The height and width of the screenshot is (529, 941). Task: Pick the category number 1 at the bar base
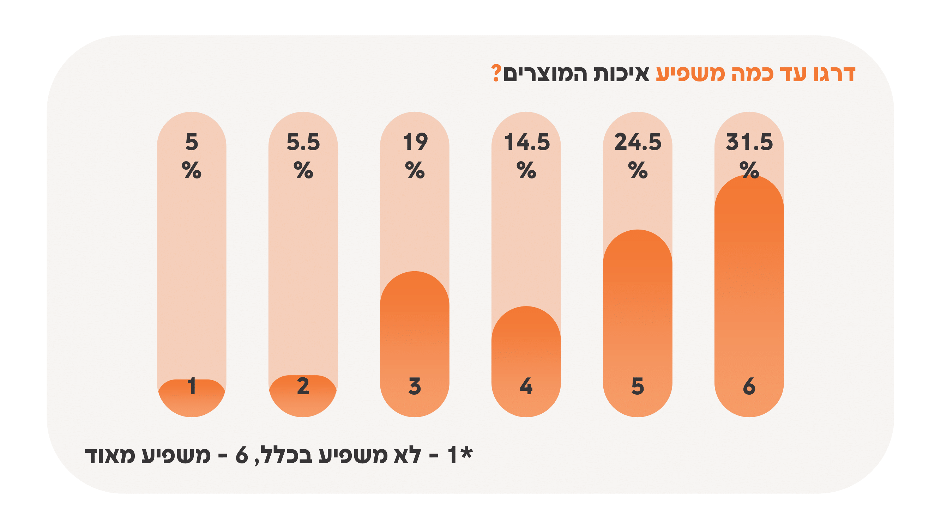pyautogui.click(x=192, y=386)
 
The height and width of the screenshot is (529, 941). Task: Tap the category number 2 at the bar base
pyautogui.click(x=303, y=386)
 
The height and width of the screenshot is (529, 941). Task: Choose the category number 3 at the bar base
pyautogui.click(x=415, y=386)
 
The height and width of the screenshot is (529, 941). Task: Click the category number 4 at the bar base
pyautogui.click(x=526, y=386)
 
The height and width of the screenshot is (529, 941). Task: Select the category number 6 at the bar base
pyautogui.click(x=749, y=386)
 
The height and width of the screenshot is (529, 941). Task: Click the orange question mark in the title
pyautogui.click(x=496, y=73)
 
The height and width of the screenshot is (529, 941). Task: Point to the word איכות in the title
pyautogui.click(x=621, y=74)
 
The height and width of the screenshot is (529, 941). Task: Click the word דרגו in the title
pyautogui.click(x=834, y=74)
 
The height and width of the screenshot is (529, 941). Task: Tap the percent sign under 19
pyautogui.click(x=415, y=170)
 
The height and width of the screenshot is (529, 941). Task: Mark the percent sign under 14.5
pyautogui.click(x=526, y=170)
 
